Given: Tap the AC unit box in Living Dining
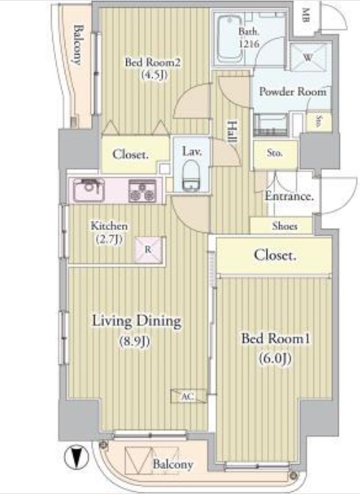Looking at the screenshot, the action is tap(188, 396).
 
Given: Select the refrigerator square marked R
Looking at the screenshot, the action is tap(148, 250).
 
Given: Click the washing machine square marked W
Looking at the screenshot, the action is tap(308, 57).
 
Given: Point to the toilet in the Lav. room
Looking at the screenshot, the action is tap(191, 175).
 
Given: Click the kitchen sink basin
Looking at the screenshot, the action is tap(89, 190).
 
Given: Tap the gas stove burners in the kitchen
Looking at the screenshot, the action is tap(143, 191).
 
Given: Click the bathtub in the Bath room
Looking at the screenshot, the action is tap(229, 38).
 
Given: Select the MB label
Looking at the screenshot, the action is tap(305, 15).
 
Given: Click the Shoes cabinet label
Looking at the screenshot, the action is tap(285, 226).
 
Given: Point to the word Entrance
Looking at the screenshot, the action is tap(289, 196).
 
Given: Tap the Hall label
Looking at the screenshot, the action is tap(232, 132).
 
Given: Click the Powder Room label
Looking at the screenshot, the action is tap(293, 92).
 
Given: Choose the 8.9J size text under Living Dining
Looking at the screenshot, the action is tap(135, 341).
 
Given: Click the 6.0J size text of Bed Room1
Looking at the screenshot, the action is tap(275, 358).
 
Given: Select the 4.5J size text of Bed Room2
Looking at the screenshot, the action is tap(154, 75).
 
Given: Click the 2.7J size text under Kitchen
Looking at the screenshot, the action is tap(109, 239).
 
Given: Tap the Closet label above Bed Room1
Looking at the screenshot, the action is tap(275, 255).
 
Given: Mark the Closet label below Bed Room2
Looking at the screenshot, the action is tap(131, 154).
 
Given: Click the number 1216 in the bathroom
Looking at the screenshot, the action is tap(249, 44).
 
